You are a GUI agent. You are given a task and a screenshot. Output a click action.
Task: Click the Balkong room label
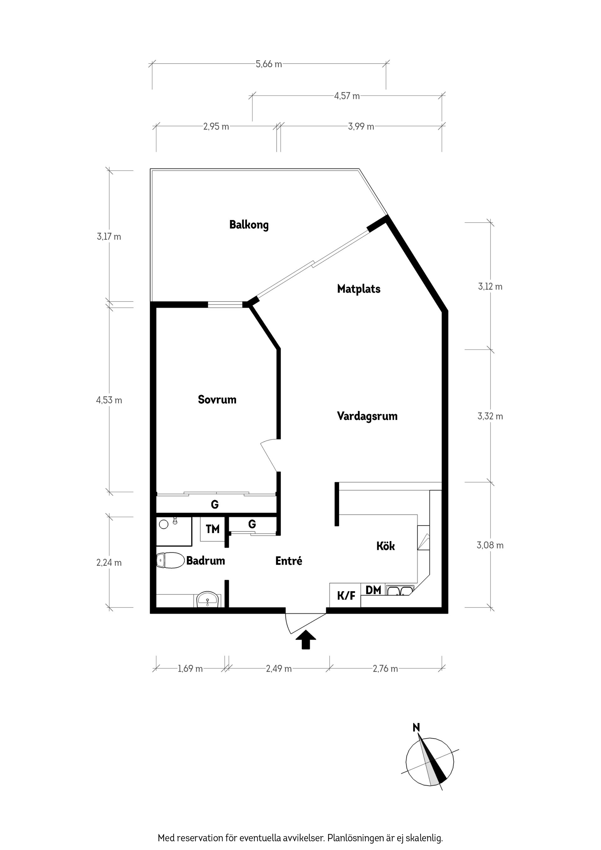click(249, 225)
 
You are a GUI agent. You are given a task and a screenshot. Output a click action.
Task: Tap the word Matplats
click(358, 289)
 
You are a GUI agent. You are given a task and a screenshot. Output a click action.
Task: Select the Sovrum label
click(217, 399)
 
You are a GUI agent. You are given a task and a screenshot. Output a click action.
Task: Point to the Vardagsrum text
click(367, 416)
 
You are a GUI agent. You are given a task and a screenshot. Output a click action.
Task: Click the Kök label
click(385, 546)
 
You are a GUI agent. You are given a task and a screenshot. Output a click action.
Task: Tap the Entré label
click(289, 561)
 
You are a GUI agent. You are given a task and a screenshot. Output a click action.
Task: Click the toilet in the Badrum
click(170, 561)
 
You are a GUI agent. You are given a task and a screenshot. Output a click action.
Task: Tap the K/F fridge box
click(346, 596)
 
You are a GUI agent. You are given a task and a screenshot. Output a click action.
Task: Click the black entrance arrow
click(306, 639)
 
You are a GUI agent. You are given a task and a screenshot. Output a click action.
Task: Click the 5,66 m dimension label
click(269, 64)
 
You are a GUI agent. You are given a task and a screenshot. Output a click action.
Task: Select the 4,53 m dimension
click(109, 400)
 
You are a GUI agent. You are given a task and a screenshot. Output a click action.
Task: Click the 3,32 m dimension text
click(490, 416)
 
